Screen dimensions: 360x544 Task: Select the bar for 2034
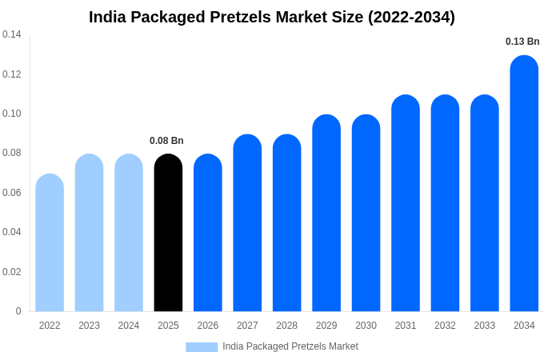(524, 183)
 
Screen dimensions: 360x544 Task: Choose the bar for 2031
(406, 203)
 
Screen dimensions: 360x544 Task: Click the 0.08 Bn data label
(166, 141)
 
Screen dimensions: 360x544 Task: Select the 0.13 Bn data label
(522, 42)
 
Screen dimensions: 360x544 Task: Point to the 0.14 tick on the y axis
(12, 34)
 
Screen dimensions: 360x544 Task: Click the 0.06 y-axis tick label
(12, 193)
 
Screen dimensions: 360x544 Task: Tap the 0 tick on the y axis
(18, 311)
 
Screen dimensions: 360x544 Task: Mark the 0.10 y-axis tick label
(12, 114)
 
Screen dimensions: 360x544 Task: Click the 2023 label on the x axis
(89, 326)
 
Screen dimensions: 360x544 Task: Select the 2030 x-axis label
(366, 326)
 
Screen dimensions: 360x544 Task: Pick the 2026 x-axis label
(208, 326)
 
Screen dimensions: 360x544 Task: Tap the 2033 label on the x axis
(484, 326)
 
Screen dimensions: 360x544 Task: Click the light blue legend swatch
(202, 346)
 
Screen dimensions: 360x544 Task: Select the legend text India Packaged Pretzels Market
(290, 346)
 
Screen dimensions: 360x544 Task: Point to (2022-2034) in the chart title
(411, 17)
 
